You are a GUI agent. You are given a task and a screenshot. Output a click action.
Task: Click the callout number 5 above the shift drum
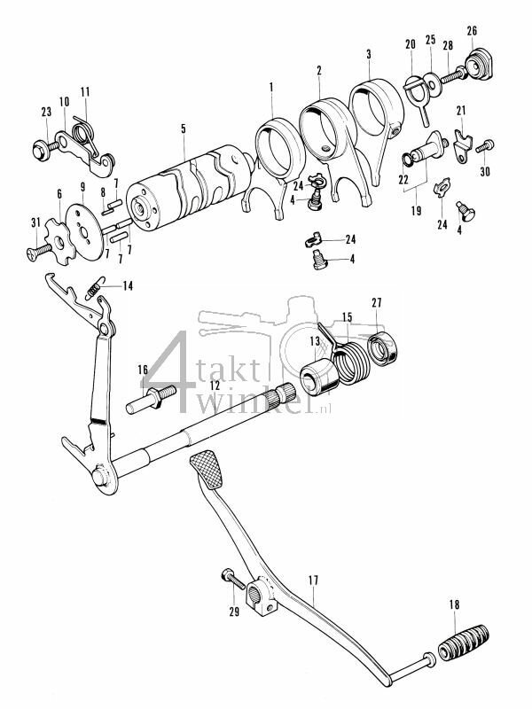pos(183,129)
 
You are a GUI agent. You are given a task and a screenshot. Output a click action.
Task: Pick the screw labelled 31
pos(36,252)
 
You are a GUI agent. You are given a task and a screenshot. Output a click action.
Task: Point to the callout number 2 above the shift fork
pos(319,70)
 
